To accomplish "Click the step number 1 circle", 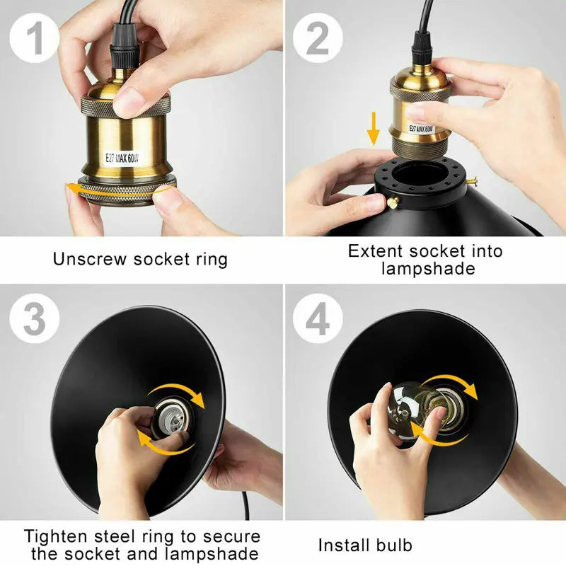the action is (34, 37).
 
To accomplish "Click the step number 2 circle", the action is (317, 37).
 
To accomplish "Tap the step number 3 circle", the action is (34, 318).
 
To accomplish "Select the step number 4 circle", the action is (317, 318).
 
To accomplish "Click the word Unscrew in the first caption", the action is (91, 259).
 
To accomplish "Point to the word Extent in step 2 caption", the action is (376, 251).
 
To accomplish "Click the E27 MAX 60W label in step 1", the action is (122, 158).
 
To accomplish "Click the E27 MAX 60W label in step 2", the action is (421, 129).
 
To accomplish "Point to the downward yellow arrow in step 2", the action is (374, 129).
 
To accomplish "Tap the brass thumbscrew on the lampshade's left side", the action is (394, 202).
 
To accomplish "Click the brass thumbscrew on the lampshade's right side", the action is (471, 180).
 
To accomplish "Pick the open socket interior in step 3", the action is (174, 419).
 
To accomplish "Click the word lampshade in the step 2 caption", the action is (428, 269).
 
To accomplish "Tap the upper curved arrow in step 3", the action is (178, 393).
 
